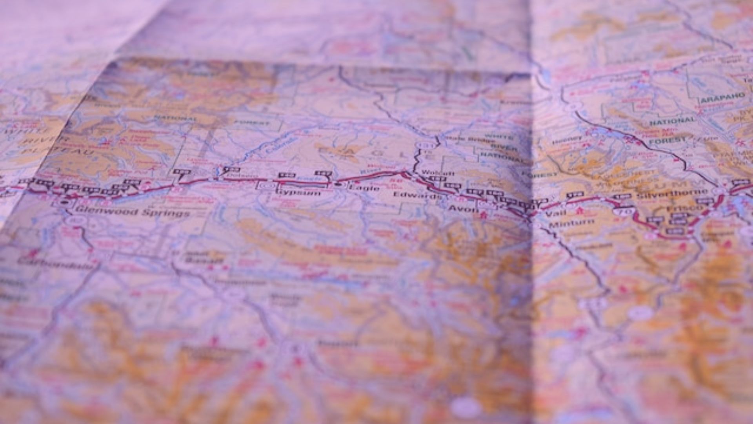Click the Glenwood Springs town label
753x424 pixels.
[x=133, y=213]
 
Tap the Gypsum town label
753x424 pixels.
[x=298, y=193]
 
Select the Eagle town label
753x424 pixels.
[x=364, y=188]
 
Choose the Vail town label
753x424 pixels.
[x=556, y=213]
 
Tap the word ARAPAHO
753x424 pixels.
[x=722, y=98]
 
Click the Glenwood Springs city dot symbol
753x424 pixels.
[x=64, y=203]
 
